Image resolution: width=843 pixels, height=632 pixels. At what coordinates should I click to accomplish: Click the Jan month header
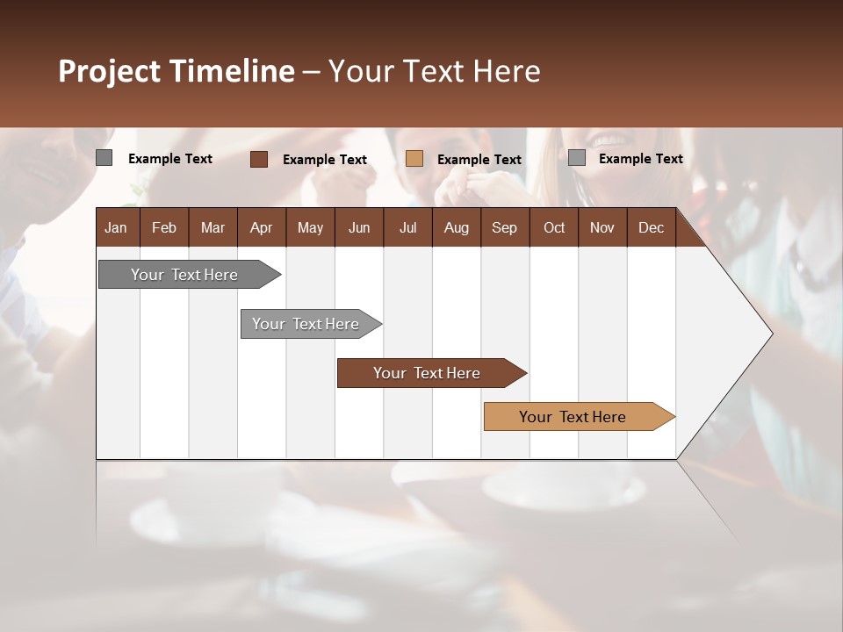tap(116, 227)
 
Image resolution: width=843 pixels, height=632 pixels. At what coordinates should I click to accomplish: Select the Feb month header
tap(164, 227)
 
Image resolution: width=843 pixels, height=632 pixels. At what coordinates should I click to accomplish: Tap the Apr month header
tap(261, 227)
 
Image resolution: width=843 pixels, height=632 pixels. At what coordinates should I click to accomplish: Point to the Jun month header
tap(359, 227)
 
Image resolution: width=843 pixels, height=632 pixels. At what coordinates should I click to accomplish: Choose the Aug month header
tap(456, 227)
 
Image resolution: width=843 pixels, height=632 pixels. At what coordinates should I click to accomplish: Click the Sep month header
tap(504, 227)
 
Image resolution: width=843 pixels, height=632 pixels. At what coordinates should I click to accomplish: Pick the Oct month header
tap(554, 227)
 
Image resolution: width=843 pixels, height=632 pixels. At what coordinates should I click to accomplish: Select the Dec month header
tap(651, 227)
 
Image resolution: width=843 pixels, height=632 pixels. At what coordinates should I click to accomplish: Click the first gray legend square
tap(104, 158)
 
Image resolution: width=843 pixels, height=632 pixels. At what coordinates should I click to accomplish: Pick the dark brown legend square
tap(259, 159)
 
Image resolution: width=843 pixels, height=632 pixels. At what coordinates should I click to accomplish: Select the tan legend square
tap(414, 159)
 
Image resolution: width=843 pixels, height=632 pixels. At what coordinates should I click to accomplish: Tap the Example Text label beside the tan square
tap(479, 160)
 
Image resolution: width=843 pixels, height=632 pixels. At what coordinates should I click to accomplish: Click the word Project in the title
tap(111, 71)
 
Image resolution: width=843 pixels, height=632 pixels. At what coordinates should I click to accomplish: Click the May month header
tap(310, 227)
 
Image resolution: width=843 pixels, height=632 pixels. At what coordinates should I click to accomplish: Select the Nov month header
tap(602, 227)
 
